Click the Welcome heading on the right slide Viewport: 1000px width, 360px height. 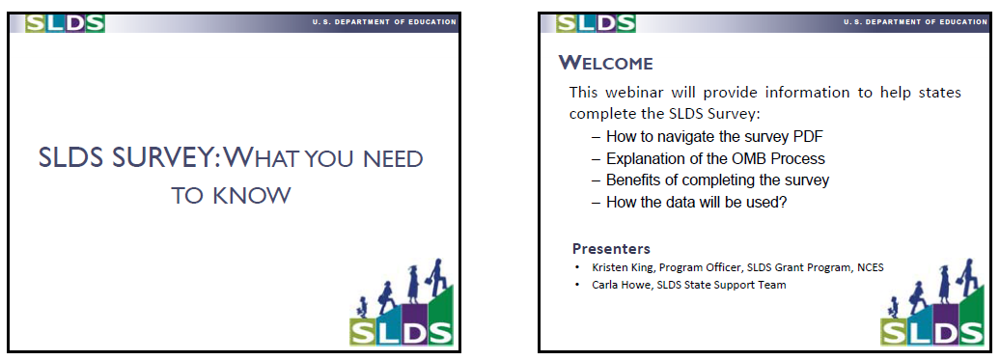[606, 63]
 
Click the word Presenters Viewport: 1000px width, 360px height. [611, 248]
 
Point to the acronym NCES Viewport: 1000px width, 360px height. [870, 267]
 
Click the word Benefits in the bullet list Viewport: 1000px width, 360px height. [634, 180]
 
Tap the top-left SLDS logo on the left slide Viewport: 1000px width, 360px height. [65, 23]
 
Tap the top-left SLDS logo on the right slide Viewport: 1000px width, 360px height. [596, 23]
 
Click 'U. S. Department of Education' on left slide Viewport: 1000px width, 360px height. [384, 21]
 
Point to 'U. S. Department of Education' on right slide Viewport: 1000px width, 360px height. [916, 21]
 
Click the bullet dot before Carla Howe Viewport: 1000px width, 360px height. [577, 285]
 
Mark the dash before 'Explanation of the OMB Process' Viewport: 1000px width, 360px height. [596, 159]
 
